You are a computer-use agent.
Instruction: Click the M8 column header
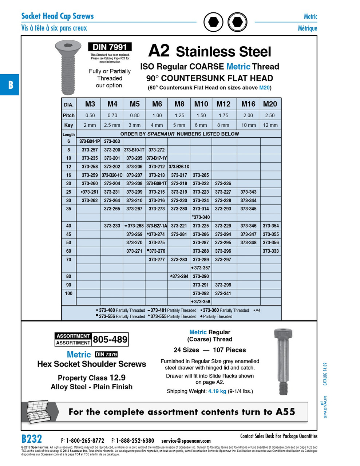(x=179, y=104)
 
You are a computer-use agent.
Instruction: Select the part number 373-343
(x=248, y=192)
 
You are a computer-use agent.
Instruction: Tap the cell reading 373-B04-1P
(x=90, y=141)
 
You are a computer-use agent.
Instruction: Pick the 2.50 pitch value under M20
(x=270, y=115)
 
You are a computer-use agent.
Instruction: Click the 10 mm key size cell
(x=249, y=125)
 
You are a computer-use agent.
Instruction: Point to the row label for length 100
(x=68, y=293)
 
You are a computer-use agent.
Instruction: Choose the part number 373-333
(x=270, y=251)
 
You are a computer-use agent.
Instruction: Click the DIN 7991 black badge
(x=110, y=47)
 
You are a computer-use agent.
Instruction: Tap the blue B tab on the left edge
(x=10, y=85)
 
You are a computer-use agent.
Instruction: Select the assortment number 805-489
(x=110, y=340)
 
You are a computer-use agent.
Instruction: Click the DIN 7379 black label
(x=106, y=355)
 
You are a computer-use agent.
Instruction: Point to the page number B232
(x=32, y=439)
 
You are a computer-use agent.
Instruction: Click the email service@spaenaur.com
(x=186, y=441)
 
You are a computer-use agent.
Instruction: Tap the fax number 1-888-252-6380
(x=135, y=441)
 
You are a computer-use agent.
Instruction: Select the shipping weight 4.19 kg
(x=217, y=391)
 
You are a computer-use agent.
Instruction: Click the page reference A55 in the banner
(x=285, y=412)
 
